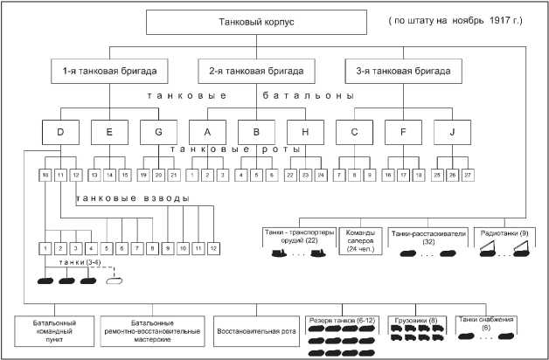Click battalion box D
point(59,132)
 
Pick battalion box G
point(158,132)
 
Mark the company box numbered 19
point(142,176)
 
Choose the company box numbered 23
point(306,176)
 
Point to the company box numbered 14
point(109,176)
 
